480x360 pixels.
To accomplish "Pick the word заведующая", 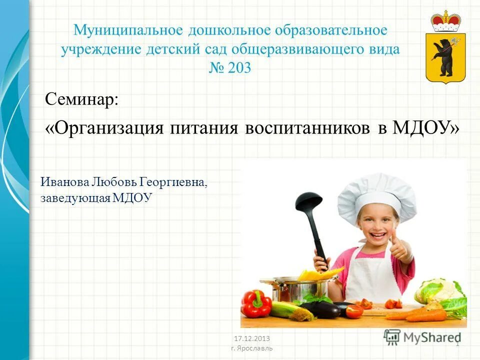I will click(x=74, y=198).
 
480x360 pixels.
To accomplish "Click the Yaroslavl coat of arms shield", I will click(x=445, y=57).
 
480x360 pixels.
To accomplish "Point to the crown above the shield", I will click(x=446, y=20).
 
